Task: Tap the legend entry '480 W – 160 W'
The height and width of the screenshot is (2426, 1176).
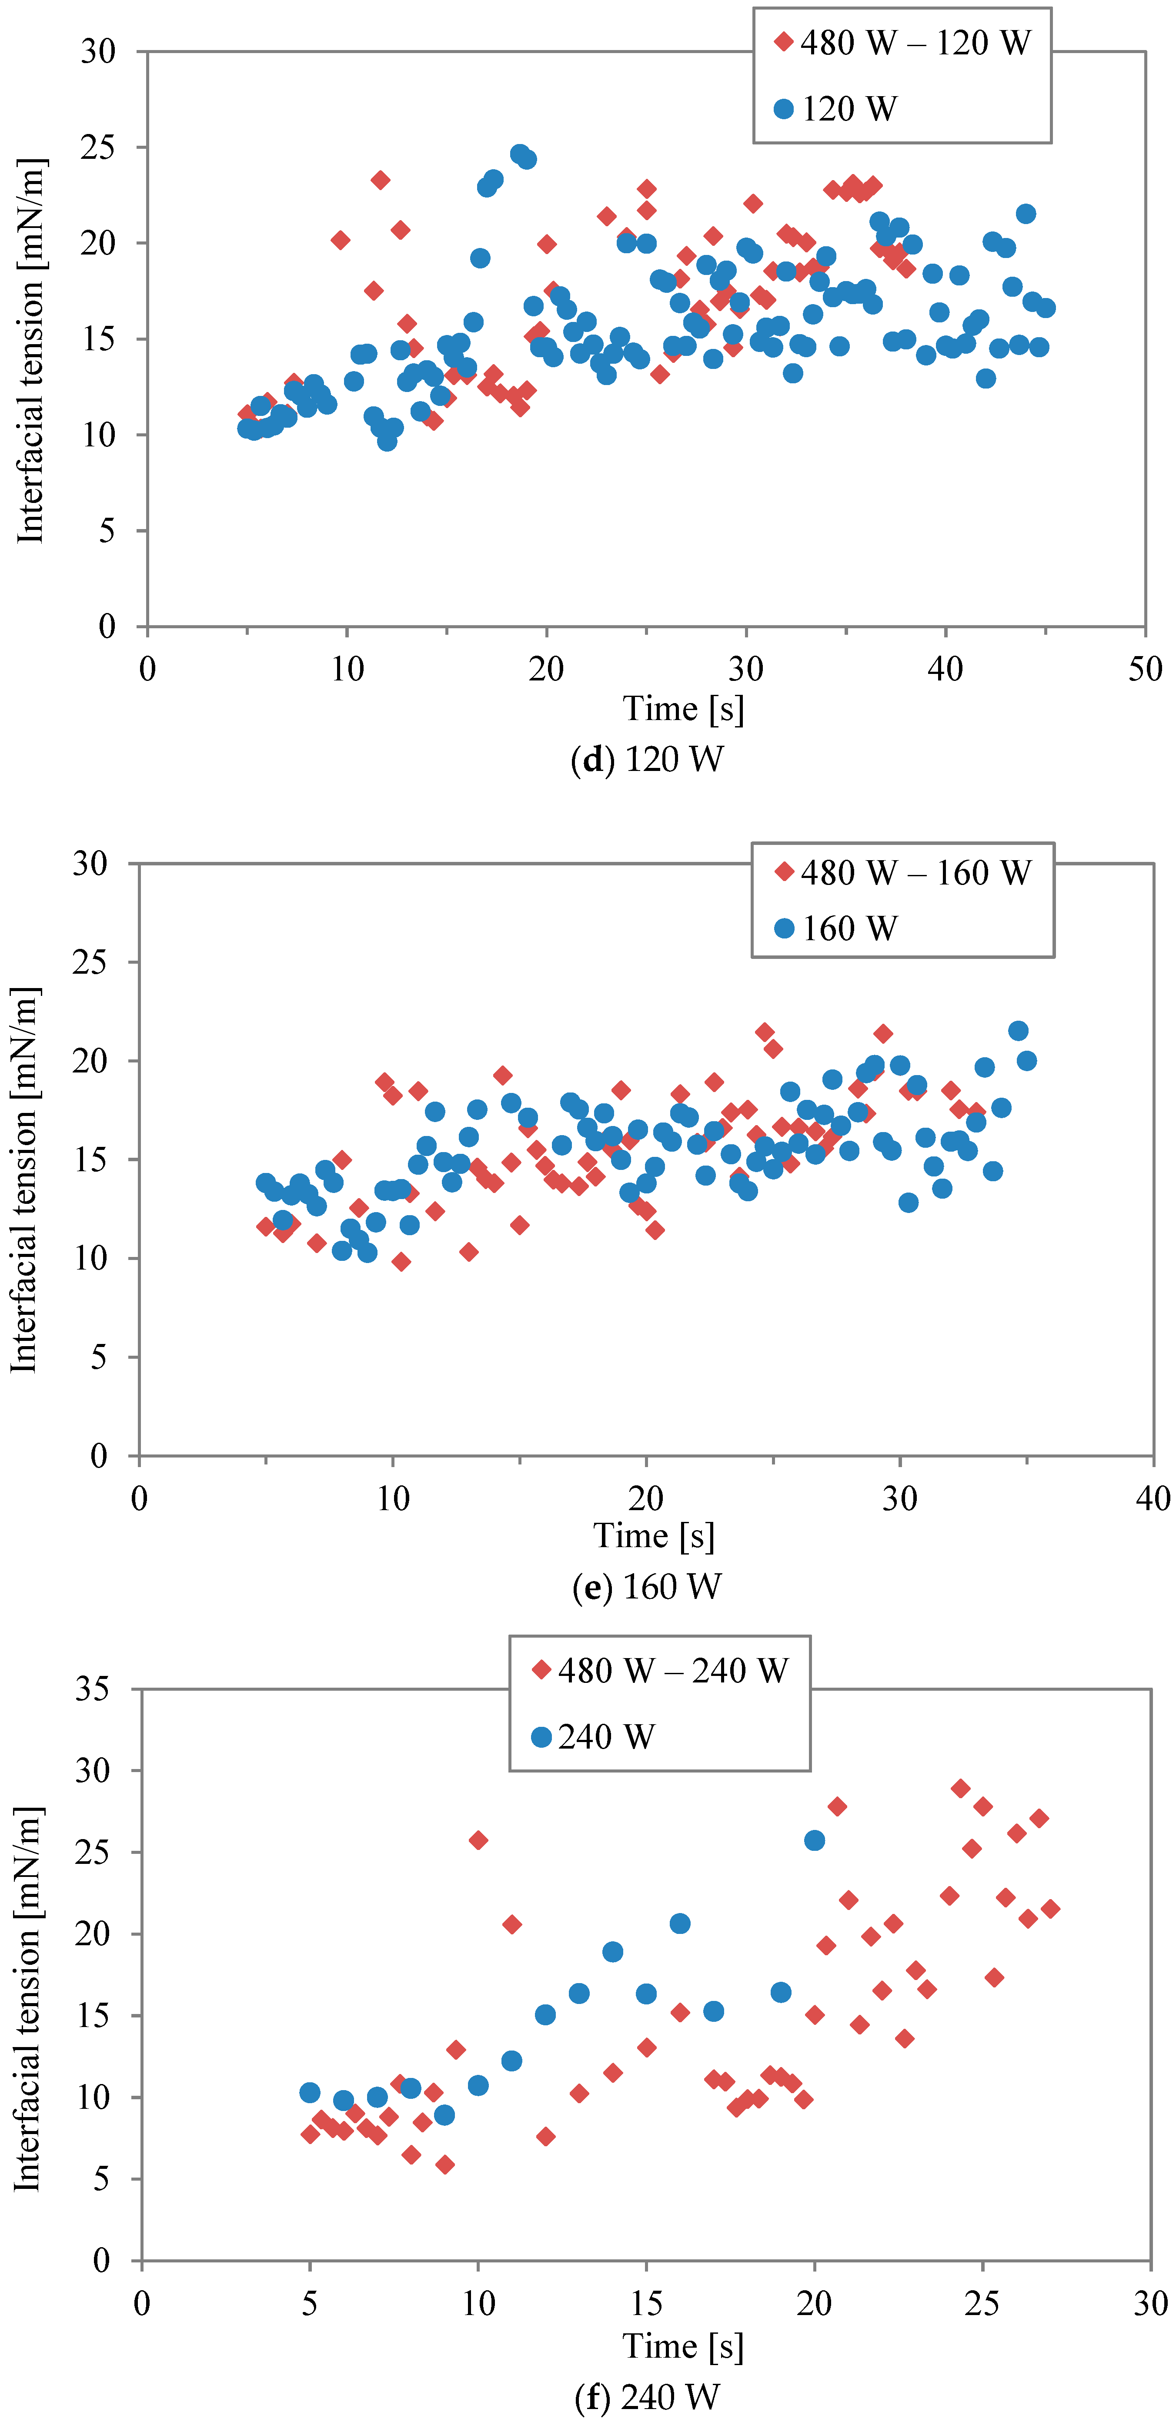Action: (902, 873)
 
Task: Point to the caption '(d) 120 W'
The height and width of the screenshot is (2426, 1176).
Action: (647, 759)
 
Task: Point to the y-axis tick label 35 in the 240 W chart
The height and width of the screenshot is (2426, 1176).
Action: (94, 1689)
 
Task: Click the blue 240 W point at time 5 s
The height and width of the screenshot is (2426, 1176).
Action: (310, 2093)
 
